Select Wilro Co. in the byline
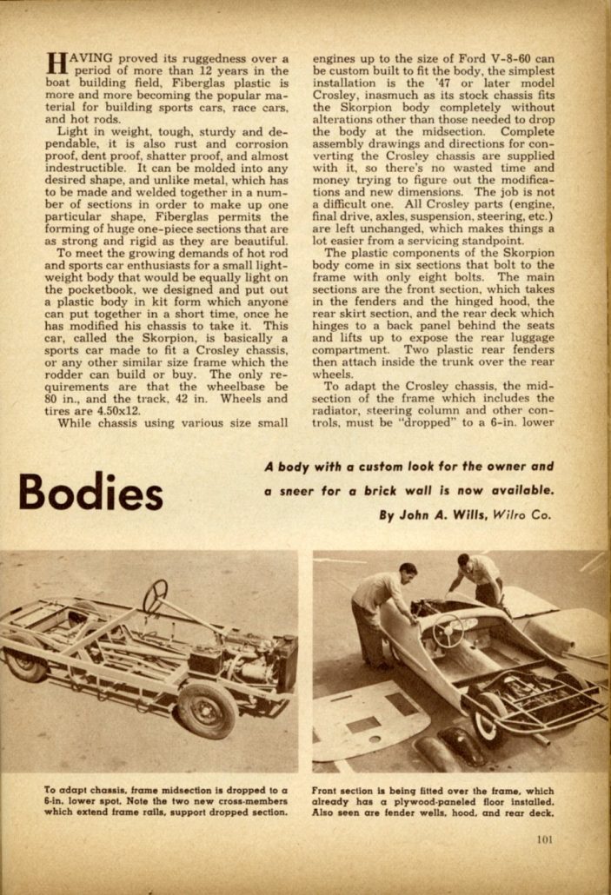click(524, 514)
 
